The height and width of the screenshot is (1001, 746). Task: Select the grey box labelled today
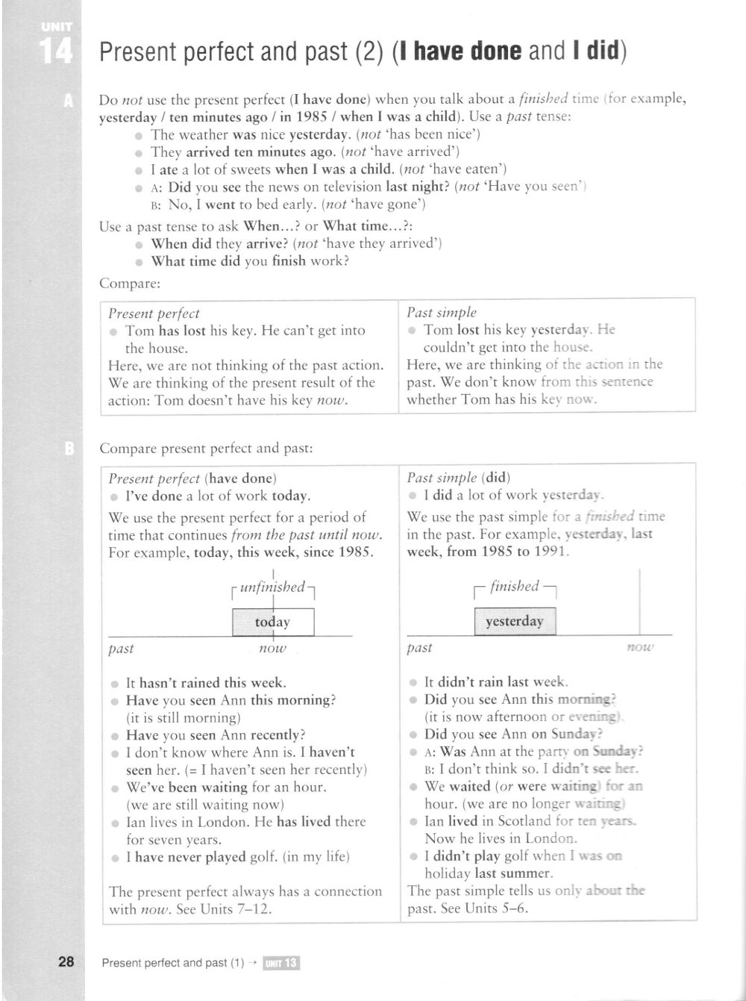coord(273,622)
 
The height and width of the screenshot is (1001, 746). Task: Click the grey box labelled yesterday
coord(515,621)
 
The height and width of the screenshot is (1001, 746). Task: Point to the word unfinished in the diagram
coord(273,587)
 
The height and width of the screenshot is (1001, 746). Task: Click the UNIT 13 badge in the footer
coord(281,963)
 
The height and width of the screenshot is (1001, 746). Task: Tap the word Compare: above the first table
coord(130,283)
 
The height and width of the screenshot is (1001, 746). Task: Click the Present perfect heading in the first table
coord(154,314)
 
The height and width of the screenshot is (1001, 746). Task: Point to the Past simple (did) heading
coord(459,478)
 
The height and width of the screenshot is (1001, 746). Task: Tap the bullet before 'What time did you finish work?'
coord(139,262)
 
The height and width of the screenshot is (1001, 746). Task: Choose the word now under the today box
coord(272,649)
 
